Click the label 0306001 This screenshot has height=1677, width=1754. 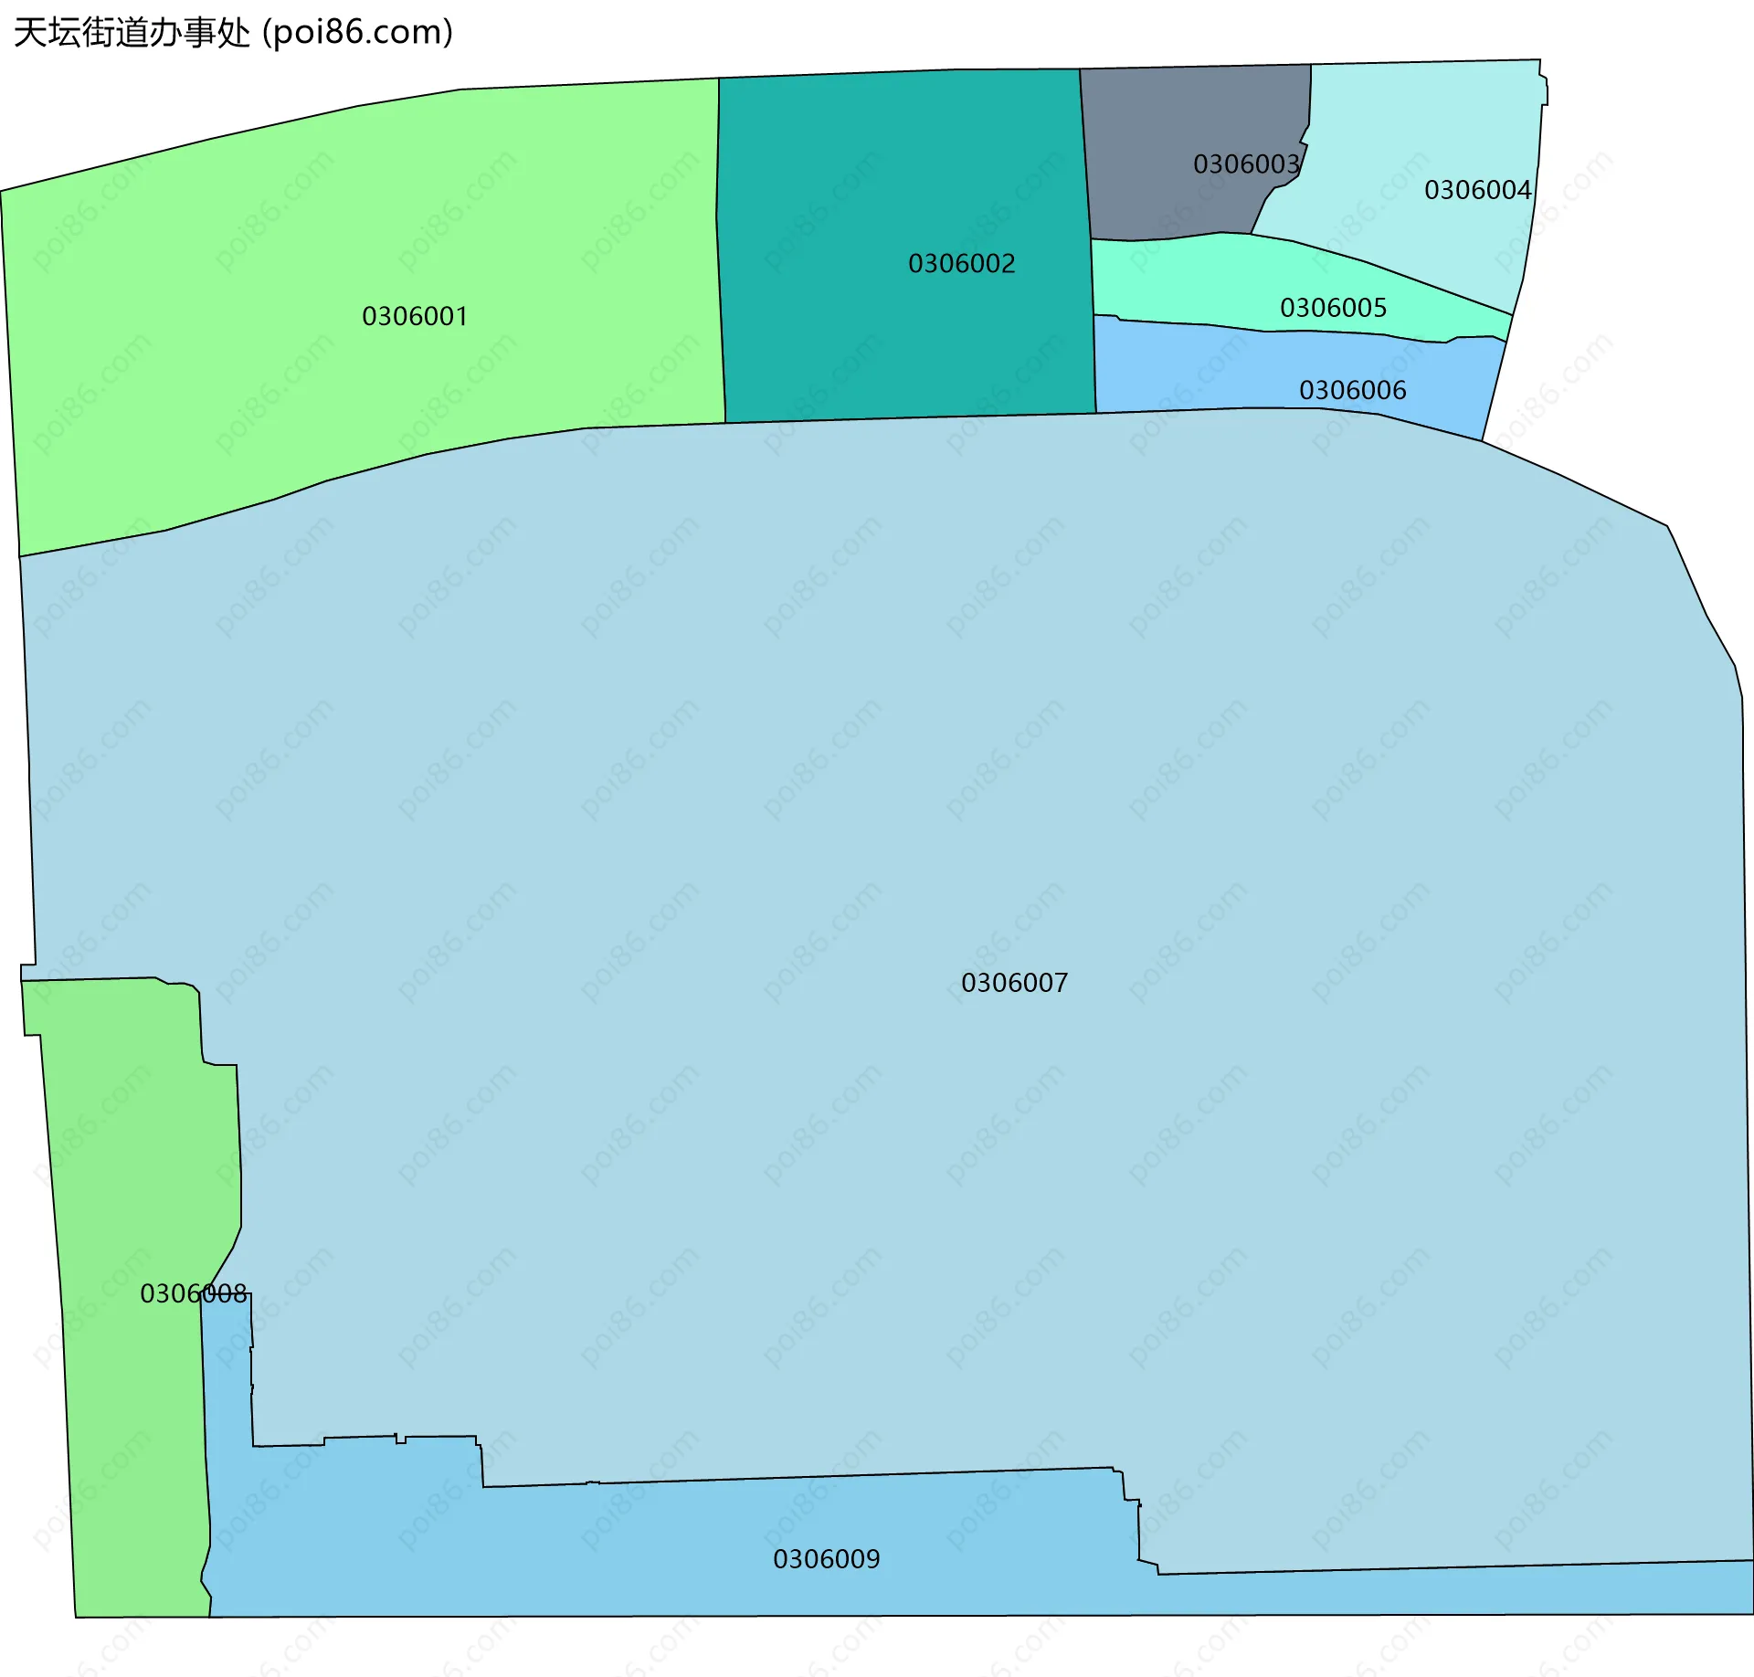click(415, 317)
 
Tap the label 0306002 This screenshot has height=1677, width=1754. click(961, 264)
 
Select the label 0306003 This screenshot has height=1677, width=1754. click(1246, 164)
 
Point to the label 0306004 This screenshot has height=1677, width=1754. click(1477, 190)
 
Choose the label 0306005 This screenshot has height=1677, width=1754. click(1333, 308)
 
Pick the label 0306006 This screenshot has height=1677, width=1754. click(1352, 391)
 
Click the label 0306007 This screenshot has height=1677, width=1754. click(1014, 983)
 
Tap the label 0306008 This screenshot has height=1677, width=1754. click(193, 1293)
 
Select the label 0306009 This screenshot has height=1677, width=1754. click(826, 1559)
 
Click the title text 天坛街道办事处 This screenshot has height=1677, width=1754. click(132, 33)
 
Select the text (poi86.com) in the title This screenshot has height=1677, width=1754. click(358, 33)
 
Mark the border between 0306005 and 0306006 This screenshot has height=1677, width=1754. click(1279, 331)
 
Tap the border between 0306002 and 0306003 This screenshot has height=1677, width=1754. click(1084, 155)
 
